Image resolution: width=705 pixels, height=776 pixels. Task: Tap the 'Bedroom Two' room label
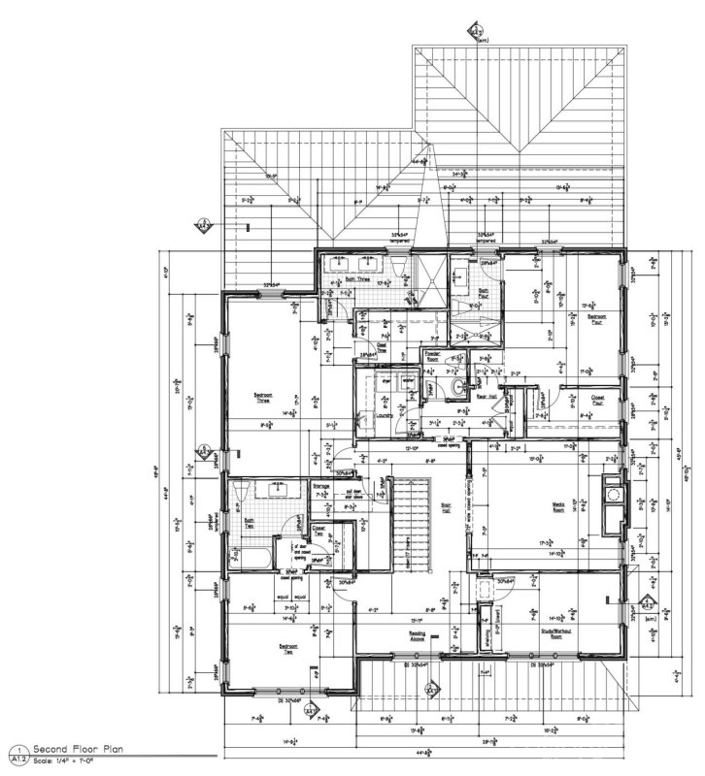tap(288, 647)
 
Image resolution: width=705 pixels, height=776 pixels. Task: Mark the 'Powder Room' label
tap(434, 356)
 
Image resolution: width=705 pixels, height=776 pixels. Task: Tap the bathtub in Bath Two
tap(251, 557)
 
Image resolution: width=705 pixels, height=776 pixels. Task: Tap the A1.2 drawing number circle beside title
tap(17, 756)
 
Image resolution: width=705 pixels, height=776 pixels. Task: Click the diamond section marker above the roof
tap(476, 33)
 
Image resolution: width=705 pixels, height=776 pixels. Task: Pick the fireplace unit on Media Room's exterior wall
tap(611, 500)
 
